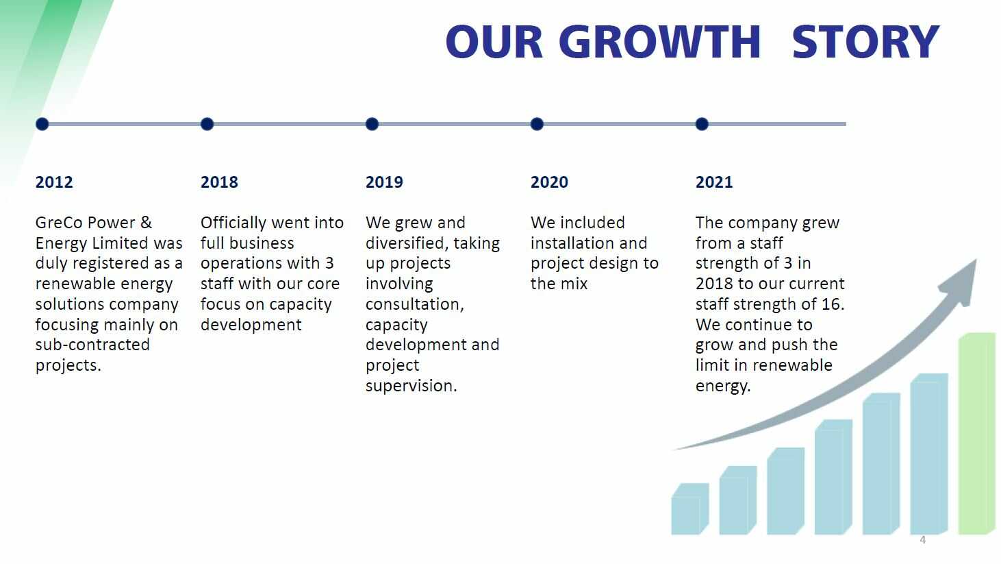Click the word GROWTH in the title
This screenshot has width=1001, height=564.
[659, 42]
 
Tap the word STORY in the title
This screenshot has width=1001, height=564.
[865, 42]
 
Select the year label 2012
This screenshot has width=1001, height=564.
[54, 182]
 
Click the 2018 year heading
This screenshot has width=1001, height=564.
[219, 182]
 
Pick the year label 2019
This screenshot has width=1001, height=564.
[384, 182]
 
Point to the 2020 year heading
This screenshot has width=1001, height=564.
[549, 182]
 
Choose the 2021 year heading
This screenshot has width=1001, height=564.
[714, 182]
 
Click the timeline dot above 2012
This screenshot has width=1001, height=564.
[42, 124]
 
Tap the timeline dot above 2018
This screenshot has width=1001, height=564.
[207, 124]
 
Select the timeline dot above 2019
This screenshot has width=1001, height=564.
[372, 124]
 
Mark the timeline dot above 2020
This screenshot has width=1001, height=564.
[537, 124]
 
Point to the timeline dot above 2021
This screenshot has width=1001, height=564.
[702, 124]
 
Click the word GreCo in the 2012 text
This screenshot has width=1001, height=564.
[61, 223]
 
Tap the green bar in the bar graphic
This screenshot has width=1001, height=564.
[977, 433]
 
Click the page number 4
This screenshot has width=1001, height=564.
[923, 540]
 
